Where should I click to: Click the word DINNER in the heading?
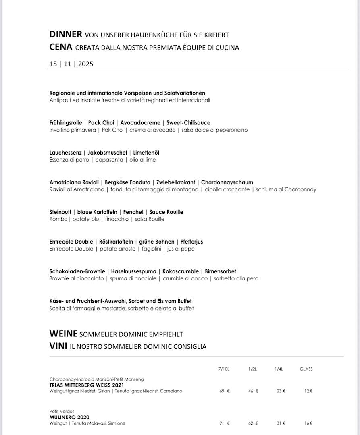pos(66,35)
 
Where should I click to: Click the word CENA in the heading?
pos(61,47)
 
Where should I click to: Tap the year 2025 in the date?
pos(85,64)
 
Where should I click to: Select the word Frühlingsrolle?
pos(66,123)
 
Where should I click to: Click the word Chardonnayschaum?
pos(227,182)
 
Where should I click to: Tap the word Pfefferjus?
pos(191,242)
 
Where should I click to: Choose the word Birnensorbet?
pos(221,271)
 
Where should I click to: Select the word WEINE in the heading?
pos(63,333)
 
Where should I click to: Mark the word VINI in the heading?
pos(58,346)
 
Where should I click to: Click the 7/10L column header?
pos(224,369)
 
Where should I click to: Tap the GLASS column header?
pos(306,369)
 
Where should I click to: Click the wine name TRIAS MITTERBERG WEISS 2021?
pos(87,385)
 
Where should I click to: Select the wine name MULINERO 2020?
pos(69,417)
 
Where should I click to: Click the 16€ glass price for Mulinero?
pos(308,423)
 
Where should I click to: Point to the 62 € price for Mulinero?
pos(253,423)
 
